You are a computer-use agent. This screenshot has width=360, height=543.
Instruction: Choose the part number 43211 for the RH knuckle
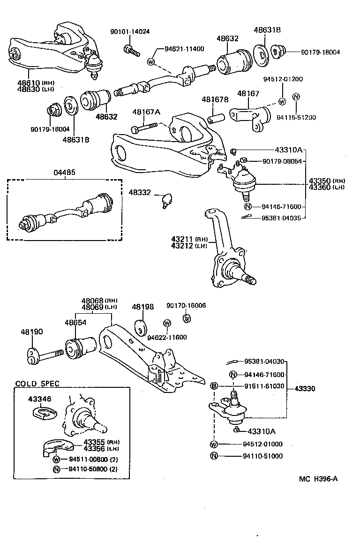point(182,239)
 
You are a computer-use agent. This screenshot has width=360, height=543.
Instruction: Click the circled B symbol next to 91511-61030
point(214,386)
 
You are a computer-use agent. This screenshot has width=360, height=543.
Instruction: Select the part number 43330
point(305,389)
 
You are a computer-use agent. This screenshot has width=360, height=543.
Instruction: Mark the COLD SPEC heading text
point(37,383)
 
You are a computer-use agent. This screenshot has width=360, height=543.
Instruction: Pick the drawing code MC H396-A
point(318,479)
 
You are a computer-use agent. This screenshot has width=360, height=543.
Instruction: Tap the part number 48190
point(31,332)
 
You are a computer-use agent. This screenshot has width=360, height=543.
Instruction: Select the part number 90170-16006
point(186,305)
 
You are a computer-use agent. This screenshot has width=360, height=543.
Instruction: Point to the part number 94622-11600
point(167,337)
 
